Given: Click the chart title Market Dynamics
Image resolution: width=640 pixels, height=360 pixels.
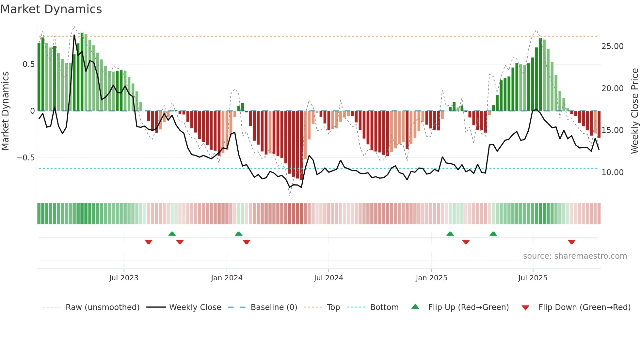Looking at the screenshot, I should click(51, 9).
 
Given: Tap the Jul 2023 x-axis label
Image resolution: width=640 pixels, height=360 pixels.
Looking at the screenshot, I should click(124, 278).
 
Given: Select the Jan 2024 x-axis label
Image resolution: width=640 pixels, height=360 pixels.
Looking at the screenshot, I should click(227, 278).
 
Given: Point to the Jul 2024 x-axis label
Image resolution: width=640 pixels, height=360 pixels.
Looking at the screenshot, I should click(328, 278).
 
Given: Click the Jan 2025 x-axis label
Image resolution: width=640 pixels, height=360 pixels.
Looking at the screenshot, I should click(431, 278).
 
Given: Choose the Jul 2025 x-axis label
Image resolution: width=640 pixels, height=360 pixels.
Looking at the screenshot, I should click(533, 278).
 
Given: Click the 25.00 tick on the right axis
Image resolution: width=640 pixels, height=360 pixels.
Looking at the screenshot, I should click(612, 46).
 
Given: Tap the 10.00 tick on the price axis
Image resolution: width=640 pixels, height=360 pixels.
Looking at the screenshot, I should click(612, 172).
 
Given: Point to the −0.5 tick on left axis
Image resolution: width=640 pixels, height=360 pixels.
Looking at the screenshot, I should click(25, 158).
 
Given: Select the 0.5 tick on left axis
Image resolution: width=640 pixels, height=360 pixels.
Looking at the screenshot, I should click(28, 64).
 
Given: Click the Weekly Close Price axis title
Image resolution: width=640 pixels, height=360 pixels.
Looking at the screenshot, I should click(634, 111).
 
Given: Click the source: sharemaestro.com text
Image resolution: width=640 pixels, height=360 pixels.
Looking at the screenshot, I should click(575, 256).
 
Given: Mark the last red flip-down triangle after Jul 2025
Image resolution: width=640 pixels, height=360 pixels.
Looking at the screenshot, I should click(571, 242).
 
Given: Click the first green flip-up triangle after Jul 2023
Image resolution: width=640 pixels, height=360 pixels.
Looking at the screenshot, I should click(172, 234).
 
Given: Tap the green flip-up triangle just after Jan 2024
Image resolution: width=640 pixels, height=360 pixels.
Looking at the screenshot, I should click(239, 234).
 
